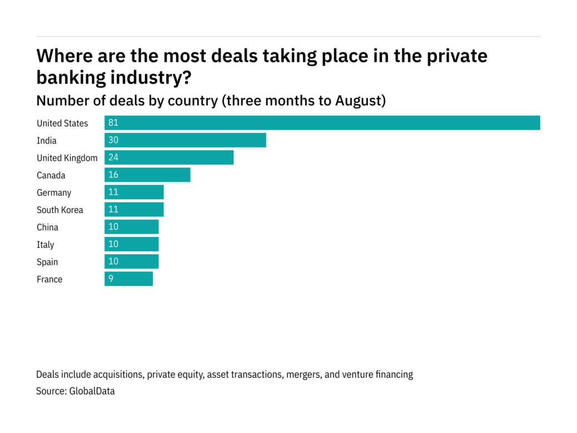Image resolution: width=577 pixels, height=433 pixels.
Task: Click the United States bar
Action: (x=322, y=123)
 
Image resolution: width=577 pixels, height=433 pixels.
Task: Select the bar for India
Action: (x=185, y=140)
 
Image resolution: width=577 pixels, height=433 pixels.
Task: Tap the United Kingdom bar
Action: (x=169, y=158)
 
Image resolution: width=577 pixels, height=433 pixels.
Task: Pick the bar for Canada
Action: (x=147, y=175)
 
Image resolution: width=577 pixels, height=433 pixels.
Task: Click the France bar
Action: (x=128, y=279)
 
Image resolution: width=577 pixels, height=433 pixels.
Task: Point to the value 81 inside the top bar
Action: (x=113, y=123)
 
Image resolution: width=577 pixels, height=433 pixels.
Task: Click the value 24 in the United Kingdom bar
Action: (x=113, y=158)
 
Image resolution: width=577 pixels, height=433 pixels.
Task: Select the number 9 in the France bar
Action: (x=111, y=279)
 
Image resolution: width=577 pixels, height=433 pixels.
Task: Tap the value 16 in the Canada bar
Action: (x=113, y=175)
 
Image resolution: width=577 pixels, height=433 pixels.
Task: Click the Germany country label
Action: (x=54, y=193)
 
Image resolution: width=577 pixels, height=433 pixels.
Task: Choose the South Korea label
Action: (x=60, y=210)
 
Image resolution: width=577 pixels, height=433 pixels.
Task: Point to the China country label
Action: (x=47, y=227)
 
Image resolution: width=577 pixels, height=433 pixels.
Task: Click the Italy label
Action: (x=46, y=244)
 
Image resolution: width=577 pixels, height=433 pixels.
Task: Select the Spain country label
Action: (x=47, y=262)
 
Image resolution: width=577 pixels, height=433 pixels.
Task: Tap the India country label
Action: (x=47, y=141)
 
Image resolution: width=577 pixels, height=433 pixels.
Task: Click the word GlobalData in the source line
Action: (x=92, y=391)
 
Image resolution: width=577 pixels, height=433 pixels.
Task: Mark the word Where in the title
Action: (x=62, y=56)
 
